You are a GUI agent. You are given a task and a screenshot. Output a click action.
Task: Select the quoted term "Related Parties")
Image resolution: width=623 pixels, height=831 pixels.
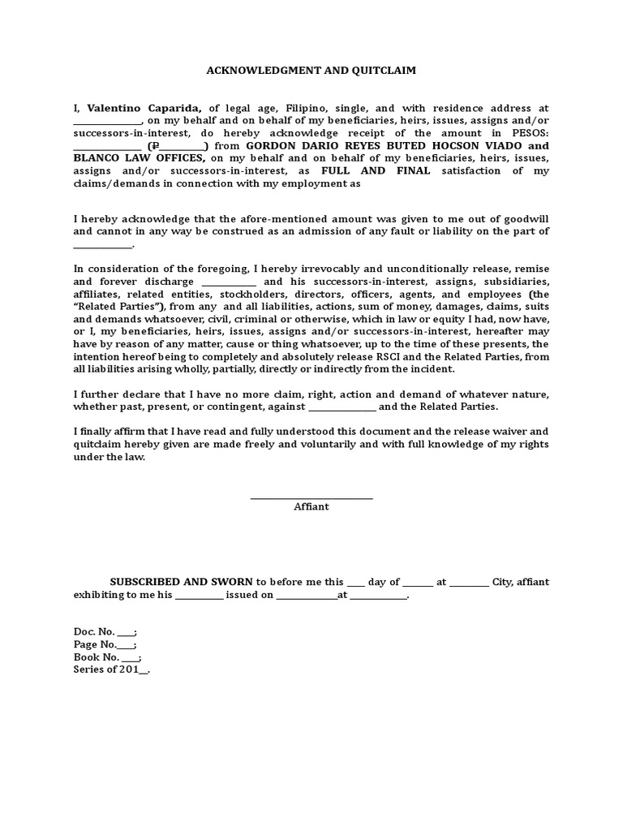pyautogui.click(x=119, y=307)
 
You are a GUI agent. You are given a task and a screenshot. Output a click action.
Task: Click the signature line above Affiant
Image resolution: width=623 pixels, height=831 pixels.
pyautogui.click(x=311, y=497)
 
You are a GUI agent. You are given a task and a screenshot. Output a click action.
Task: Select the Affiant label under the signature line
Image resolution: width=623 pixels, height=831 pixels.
pyautogui.click(x=311, y=507)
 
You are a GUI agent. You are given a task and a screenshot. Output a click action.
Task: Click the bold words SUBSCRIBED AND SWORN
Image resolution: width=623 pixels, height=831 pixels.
pyautogui.click(x=181, y=582)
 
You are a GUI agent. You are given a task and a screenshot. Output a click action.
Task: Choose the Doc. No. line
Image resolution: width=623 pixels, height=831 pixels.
pyautogui.click(x=105, y=631)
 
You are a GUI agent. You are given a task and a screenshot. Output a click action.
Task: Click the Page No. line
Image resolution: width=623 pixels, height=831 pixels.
pyautogui.click(x=105, y=644)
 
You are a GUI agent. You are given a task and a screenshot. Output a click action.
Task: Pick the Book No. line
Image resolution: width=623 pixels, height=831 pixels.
pyautogui.click(x=107, y=657)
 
